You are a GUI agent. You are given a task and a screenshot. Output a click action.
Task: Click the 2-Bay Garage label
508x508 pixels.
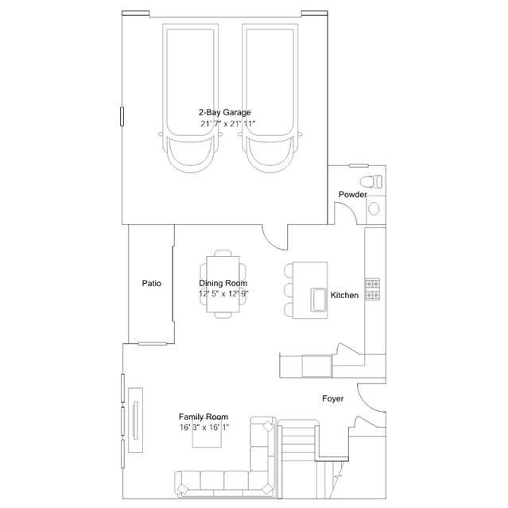225,113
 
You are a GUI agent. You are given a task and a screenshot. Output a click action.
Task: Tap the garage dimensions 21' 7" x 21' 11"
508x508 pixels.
227,124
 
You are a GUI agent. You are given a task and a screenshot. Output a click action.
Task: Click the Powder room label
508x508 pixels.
352,195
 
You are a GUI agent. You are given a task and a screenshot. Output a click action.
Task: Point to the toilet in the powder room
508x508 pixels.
371,180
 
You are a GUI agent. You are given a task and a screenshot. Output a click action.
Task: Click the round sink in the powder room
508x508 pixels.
374,209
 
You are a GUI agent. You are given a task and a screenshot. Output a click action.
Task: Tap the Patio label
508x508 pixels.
152,283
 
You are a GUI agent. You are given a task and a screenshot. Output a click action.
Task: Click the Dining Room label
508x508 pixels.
223,283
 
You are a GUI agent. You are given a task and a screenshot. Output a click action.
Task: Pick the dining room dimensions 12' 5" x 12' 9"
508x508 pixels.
223,293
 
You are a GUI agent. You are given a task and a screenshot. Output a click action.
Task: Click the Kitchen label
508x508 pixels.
345,296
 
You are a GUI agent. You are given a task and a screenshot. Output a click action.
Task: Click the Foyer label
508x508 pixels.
332,398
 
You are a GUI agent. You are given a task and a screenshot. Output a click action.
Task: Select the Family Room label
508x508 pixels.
204,417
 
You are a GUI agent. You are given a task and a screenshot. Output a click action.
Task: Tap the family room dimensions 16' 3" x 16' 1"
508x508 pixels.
204,427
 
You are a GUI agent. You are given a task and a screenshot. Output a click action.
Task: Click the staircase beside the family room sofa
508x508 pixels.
298,453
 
